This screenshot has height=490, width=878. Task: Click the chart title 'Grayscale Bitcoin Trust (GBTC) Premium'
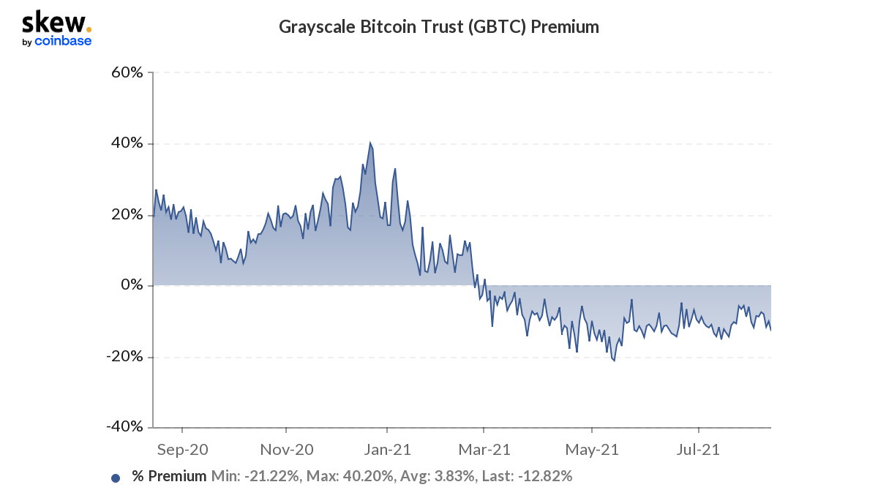(439, 27)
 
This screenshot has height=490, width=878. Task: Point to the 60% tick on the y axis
(127, 72)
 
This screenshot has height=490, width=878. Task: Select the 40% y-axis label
(127, 143)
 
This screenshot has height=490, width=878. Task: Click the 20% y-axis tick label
(127, 214)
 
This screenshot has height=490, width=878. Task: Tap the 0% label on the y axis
(132, 285)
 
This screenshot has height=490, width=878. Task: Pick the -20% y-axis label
(125, 357)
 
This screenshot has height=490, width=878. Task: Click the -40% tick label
(125, 427)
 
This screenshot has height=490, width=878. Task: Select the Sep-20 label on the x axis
(181, 448)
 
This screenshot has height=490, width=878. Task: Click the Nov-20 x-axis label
(286, 448)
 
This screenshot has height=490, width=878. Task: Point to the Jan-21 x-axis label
(387, 448)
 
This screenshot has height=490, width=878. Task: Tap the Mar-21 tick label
(484, 448)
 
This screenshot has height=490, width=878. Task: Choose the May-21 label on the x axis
(592, 448)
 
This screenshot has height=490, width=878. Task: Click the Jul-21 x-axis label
(699, 448)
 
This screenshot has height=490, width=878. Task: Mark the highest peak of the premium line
(370, 143)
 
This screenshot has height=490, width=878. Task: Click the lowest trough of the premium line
(614, 361)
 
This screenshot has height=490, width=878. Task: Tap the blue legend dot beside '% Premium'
(116, 478)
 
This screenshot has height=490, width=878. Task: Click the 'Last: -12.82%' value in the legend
(526, 477)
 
